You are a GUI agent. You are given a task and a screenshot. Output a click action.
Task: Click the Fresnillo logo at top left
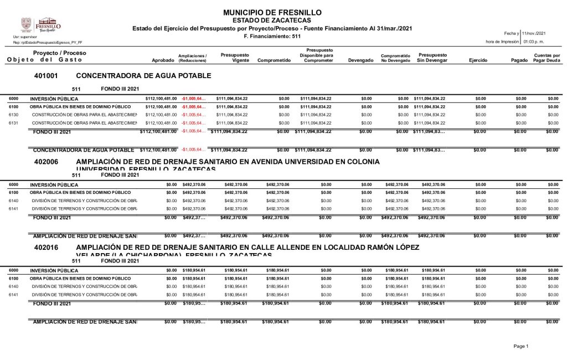41,25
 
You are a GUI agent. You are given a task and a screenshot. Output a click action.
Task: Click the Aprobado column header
162,60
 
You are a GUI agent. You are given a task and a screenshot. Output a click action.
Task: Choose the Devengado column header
360,60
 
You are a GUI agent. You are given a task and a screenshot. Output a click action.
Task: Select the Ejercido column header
478,60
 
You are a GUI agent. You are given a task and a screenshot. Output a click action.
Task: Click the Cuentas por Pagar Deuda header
547,58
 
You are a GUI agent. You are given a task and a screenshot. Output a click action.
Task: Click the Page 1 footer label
521,346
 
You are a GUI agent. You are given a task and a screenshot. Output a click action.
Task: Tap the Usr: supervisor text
24,37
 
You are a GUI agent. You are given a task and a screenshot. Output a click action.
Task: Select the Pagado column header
519,60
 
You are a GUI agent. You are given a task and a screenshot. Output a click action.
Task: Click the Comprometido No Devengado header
395,58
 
